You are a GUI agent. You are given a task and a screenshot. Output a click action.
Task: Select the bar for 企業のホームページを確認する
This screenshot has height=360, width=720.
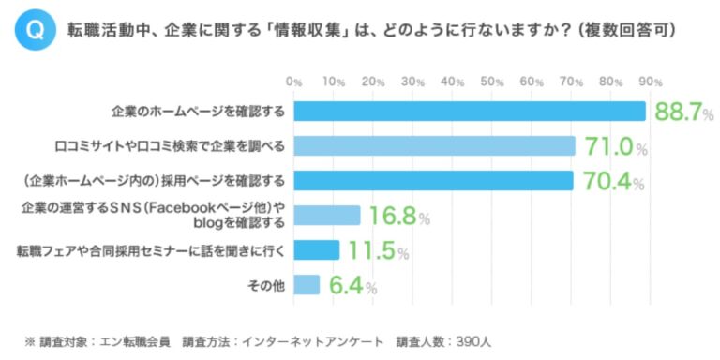coord(470,112)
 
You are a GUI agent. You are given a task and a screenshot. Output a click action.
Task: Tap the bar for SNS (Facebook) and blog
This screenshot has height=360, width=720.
coord(327,216)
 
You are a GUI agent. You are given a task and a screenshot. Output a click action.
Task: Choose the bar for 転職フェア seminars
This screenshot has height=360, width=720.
coord(316,250)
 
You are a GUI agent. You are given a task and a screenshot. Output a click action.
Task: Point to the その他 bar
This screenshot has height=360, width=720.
coord(307,285)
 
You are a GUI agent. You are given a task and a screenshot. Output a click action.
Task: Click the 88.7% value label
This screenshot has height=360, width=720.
coord(683,113)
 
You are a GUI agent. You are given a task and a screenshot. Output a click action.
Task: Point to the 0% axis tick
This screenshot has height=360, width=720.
coord(294,82)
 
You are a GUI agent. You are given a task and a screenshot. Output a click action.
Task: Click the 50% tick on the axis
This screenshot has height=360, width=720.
coord(492,82)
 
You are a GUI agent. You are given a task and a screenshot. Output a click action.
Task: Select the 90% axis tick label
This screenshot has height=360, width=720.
coord(652,82)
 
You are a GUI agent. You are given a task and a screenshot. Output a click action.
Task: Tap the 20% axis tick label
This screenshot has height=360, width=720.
coord(373,82)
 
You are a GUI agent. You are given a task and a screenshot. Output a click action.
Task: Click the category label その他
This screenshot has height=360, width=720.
coord(270,285)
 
